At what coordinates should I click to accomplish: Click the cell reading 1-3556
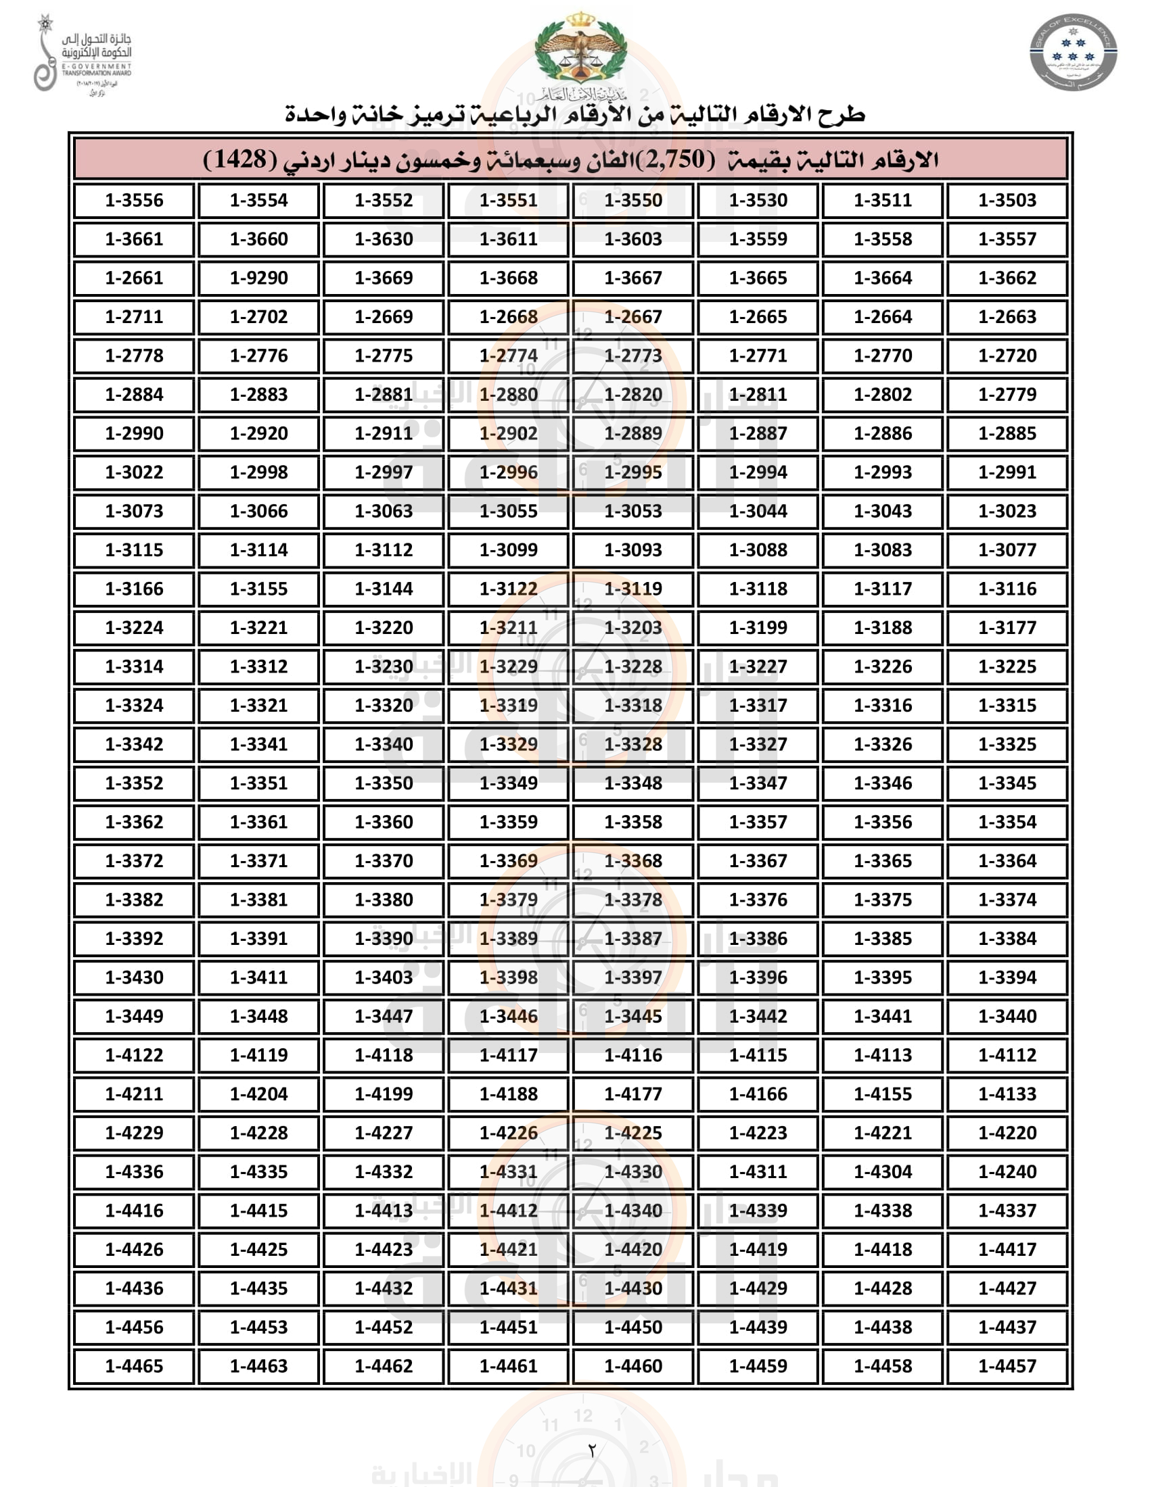point(134,201)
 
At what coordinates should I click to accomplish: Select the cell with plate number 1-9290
point(259,278)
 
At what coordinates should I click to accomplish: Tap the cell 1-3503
point(1007,201)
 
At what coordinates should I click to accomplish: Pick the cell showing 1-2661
point(134,278)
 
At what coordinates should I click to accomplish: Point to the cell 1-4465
point(134,1367)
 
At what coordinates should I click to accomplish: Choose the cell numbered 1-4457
point(1007,1367)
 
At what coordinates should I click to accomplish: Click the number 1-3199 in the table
point(758,628)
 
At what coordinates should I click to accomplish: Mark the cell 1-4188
point(508,1094)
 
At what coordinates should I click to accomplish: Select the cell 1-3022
point(134,472)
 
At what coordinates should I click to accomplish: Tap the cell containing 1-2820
point(633,395)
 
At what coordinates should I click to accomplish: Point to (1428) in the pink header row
point(241,160)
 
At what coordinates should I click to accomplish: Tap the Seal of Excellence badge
point(1072,52)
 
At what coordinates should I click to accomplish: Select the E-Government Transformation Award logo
point(82,55)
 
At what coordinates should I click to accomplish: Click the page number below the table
point(591,1451)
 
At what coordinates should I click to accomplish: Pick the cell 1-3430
point(134,978)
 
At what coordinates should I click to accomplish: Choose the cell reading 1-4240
point(1007,1172)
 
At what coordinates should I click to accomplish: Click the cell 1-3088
point(758,550)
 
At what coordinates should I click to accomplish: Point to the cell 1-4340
point(633,1211)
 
